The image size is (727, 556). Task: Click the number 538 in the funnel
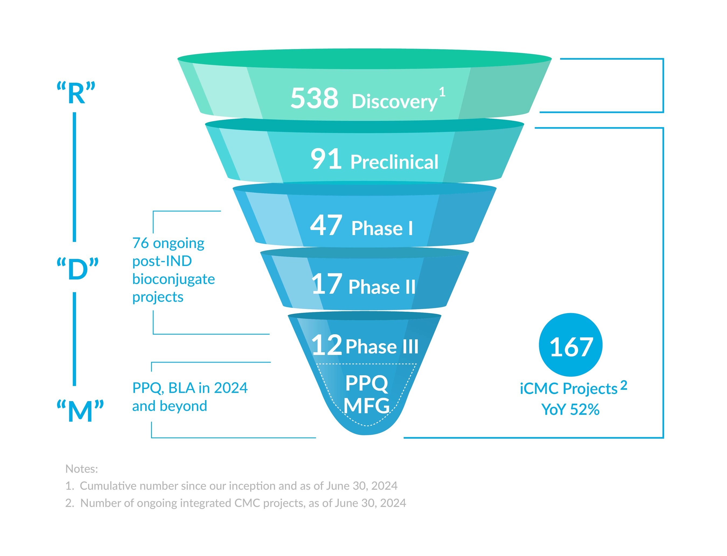click(x=314, y=98)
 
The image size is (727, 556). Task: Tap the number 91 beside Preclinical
click(x=326, y=159)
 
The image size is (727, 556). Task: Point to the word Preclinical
click(x=394, y=162)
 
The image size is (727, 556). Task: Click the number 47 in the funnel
click(x=326, y=226)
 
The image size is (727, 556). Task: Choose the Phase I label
click(x=382, y=228)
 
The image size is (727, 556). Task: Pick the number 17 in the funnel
click(x=326, y=284)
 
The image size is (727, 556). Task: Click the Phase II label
click(x=382, y=287)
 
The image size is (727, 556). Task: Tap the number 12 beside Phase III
click(x=326, y=345)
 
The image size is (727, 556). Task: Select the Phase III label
click(x=382, y=346)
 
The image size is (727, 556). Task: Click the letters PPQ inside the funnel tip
click(x=366, y=383)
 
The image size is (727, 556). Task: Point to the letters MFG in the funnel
click(x=366, y=406)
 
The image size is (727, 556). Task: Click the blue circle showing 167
click(x=570, y=345)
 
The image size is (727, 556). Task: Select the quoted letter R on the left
click(x=76, y=93)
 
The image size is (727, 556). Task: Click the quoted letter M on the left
click(x=80, y=411)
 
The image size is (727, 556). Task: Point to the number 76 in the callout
click(x=141, y=243)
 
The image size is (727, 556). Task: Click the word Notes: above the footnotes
click(x=82, y=469)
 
